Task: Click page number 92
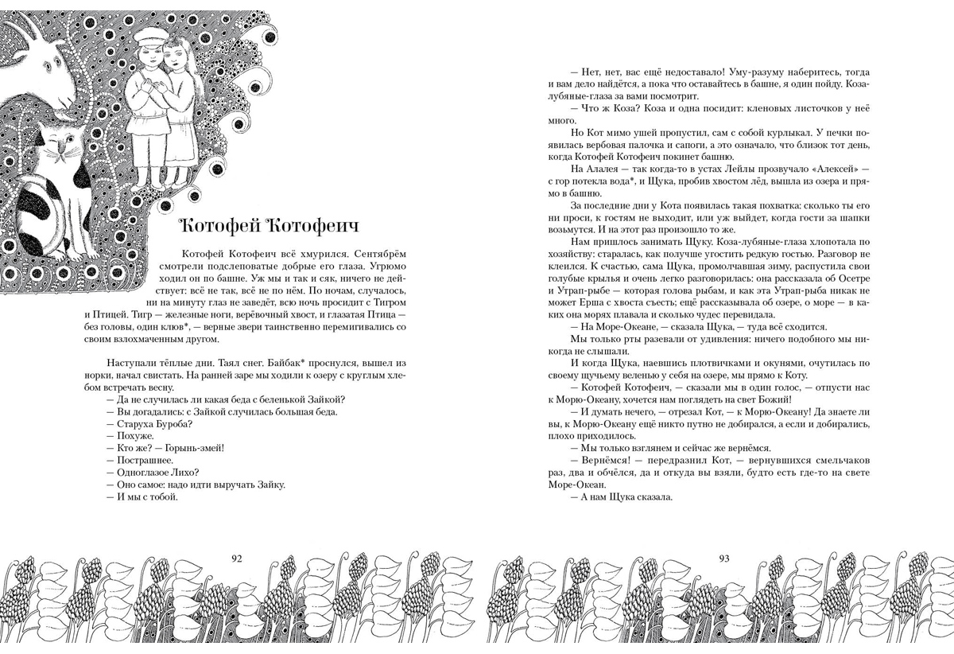[236, 558]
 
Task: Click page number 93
[723, 558]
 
